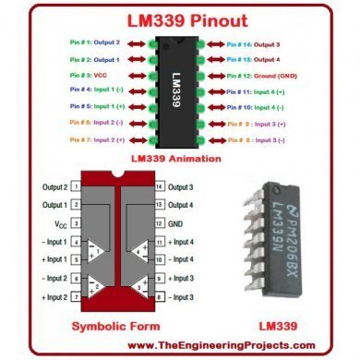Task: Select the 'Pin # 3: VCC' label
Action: click(88, 75)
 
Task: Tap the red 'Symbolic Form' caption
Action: click(110, 327)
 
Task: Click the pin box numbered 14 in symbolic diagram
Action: click(159, 186)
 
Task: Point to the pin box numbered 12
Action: click(159, 223)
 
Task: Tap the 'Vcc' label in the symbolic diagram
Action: click(56, 223)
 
